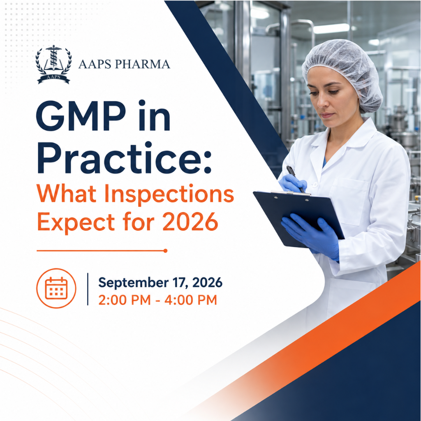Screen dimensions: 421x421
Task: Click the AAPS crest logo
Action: (x=53, y=64)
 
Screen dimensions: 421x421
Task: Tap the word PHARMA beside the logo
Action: (x=143, y=64)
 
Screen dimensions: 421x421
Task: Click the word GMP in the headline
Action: (x=81, y=116)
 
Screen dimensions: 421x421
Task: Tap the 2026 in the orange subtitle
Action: (x=190, y=222)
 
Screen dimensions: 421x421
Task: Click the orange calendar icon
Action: (x=56, y=288)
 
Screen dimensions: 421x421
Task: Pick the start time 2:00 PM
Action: (x=125, y=300)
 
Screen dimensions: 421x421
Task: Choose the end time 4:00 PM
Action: (x=191, y=300)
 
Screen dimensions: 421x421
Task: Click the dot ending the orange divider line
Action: (x=165, y=251)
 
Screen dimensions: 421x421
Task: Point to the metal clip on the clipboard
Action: (x=291, y=193)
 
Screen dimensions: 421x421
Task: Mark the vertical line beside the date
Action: (x=88, y=289)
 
